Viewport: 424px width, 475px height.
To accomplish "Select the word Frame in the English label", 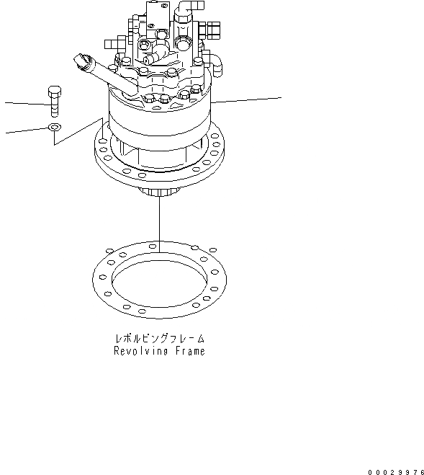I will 189,351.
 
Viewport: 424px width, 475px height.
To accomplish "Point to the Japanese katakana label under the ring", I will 160,337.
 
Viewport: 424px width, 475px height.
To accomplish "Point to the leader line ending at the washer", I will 25,130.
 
